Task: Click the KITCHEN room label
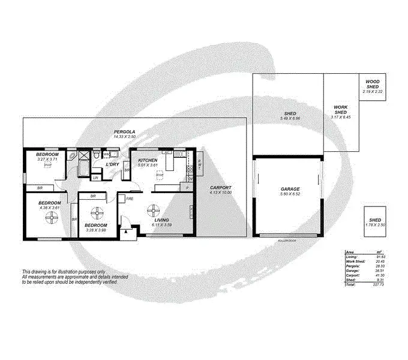147,161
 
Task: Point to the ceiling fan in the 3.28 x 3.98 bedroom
96,214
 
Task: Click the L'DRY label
112,164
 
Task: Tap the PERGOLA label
125,131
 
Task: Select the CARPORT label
220,188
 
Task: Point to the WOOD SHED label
373,85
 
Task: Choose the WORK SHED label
341,110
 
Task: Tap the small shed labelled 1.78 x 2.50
374,222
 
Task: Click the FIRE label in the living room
129,198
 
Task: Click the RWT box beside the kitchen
199,161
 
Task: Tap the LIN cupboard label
95,178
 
